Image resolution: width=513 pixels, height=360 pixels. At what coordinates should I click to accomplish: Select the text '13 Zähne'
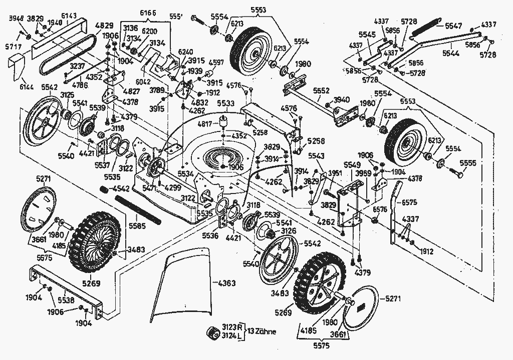tap(262, 331)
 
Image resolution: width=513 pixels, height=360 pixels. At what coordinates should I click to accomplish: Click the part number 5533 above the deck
tap(226, 103)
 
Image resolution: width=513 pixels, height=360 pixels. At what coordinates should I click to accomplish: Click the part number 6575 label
tap(409, 202)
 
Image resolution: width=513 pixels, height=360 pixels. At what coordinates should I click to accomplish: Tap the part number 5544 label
tap(453, 51)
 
